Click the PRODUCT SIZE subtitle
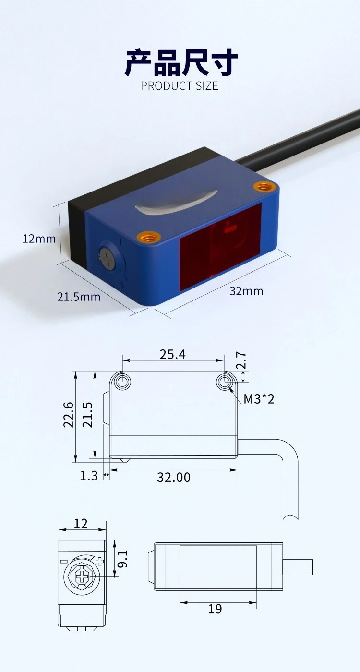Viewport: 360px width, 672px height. (x=180, y=86)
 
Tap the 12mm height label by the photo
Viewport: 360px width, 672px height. (x=39, y=239)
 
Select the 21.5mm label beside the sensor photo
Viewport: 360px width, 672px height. (x=79, y=297)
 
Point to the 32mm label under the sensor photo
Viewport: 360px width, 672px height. (x=246, y=291)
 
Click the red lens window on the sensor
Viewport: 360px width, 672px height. (x=220, y=247)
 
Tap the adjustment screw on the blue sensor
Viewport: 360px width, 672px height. (x=107, y=259)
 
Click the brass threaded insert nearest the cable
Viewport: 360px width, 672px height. (x=264, y=187)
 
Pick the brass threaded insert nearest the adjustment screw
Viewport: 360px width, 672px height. (x=148, y=237)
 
